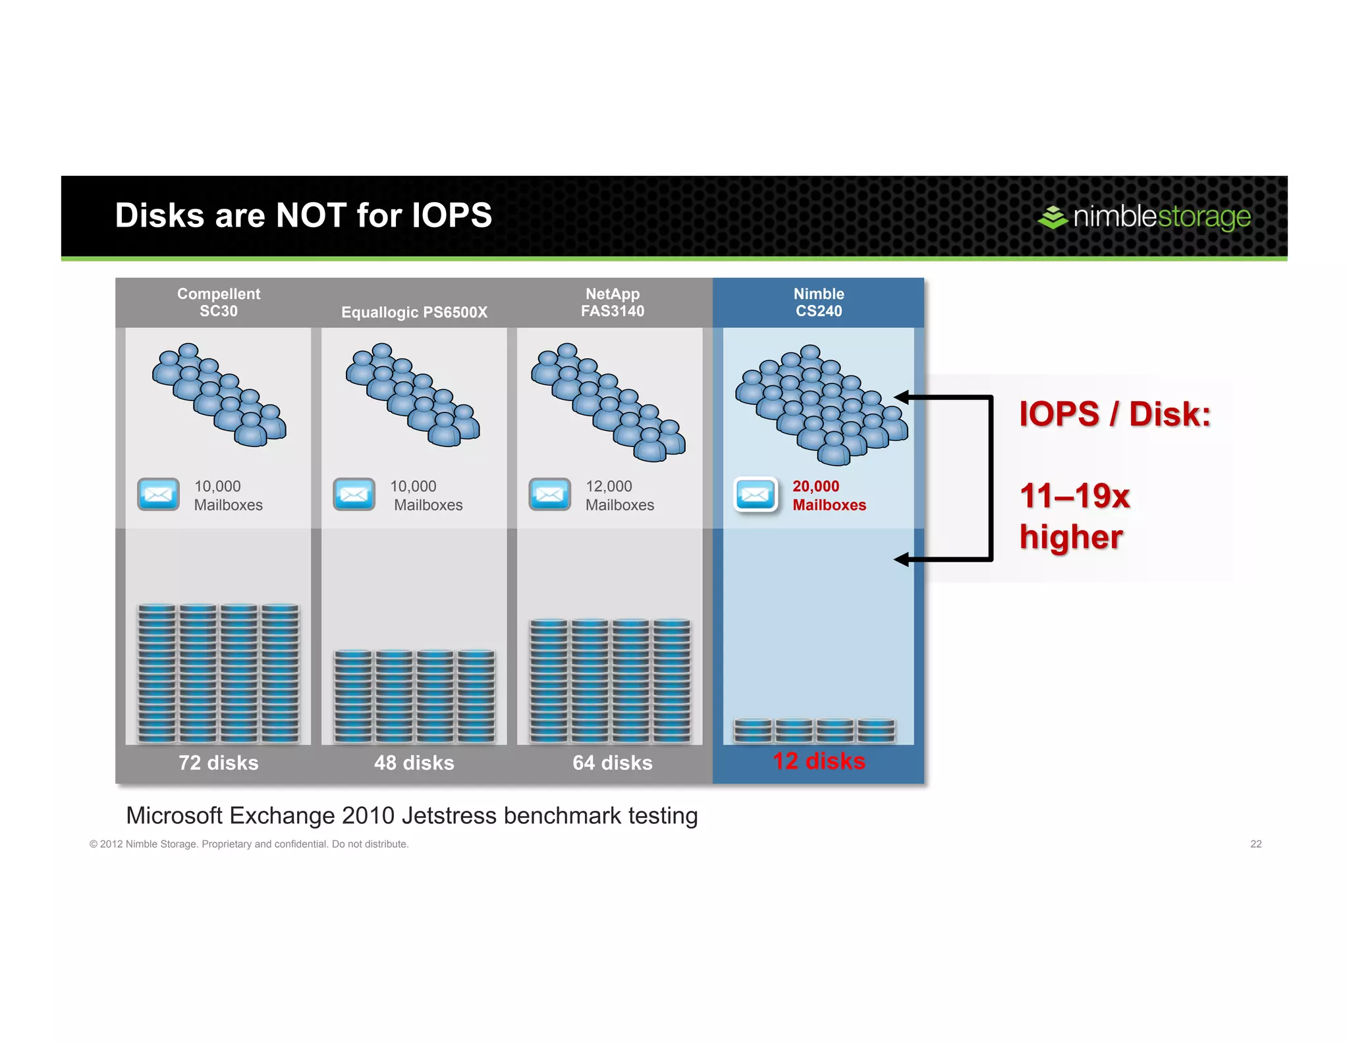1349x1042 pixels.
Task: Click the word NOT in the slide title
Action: click(x=311, y=215)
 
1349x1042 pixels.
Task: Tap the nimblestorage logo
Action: click(x=1144, y=217)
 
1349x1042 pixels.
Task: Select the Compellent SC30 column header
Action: click(x=219, y=302)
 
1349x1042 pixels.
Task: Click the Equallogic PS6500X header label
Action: click(x=414, y=312)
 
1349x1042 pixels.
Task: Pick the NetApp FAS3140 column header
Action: click(x=612, y=302)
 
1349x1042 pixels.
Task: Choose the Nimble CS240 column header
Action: click(x=818, y=302)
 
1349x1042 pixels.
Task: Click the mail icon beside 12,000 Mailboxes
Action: click(x=549, y=495)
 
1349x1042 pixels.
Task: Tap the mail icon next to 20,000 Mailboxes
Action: click(x=756, y=495)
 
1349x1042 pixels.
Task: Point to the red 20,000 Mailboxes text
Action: click(x=829, y=495)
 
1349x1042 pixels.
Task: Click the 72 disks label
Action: click(x=219, y=763)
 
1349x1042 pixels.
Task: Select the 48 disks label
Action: click(x=414, y=763)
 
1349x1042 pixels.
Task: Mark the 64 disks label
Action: click(x=612, y=763)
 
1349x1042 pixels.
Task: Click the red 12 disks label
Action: click(x=818, y=761)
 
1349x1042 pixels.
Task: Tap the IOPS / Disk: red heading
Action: click(x=1115, y=414)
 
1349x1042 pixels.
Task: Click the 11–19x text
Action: click(x=1074, y=496)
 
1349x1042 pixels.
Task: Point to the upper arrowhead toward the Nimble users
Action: click(x=902, y=397)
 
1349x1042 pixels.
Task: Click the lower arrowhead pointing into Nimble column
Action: click(x=902, y=559)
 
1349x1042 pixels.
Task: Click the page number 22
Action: click(x=1255, y=844)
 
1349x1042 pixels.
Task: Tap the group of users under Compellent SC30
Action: click(x=219, y=395)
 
